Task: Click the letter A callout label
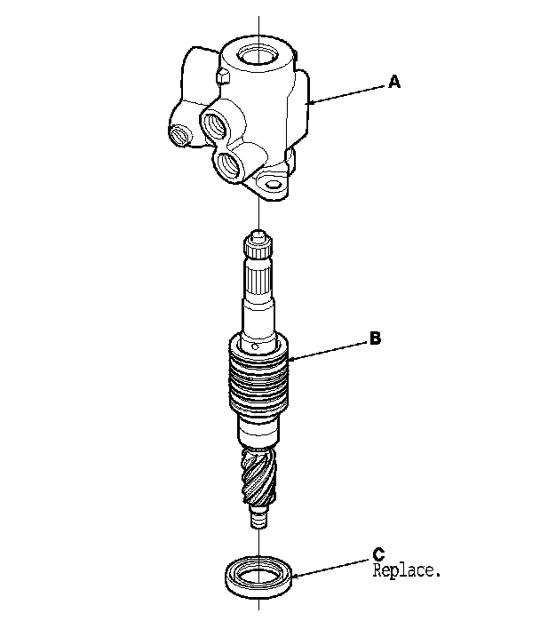tap(395, 83)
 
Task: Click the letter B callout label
tap(376, 338)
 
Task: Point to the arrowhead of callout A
tap(306, 104)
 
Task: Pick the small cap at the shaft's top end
tap(258, 237)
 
